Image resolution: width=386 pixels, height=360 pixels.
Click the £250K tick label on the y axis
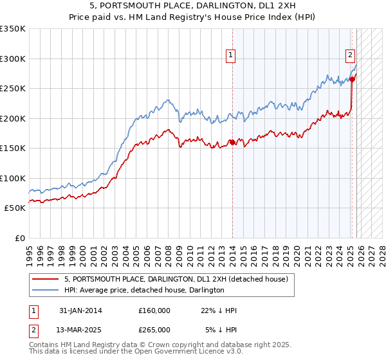(12, 89)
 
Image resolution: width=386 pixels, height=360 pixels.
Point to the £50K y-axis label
(15, 208)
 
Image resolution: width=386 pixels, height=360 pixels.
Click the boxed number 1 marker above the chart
(230, 56)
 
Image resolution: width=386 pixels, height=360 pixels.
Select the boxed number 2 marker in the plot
(351, 56)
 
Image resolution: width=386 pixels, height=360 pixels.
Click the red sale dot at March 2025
(353, 80)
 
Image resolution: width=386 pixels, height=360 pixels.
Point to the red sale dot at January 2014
(231, 143)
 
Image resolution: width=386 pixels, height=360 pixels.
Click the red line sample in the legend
(46, 279)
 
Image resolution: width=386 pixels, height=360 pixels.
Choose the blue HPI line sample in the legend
(46, 290)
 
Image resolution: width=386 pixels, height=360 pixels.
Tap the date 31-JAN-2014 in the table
(80, 310)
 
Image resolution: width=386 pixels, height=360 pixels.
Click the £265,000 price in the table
(154, 329)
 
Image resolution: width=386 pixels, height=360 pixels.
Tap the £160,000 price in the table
(154, 310)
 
